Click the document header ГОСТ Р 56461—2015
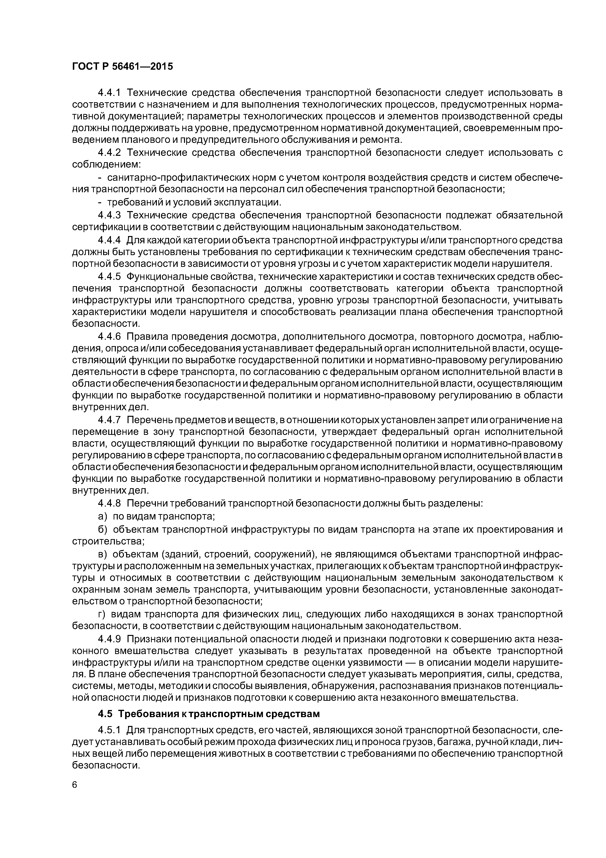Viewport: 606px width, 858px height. [122, 67]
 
